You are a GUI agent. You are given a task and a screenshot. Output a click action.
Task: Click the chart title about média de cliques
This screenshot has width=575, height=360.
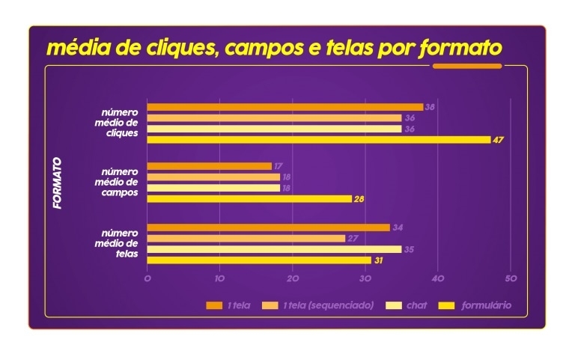[x=273, y=48]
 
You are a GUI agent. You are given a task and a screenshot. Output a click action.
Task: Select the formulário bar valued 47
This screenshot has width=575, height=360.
[x=318, y=139]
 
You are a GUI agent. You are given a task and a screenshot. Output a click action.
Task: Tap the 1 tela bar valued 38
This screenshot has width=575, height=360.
[x=285, y=107]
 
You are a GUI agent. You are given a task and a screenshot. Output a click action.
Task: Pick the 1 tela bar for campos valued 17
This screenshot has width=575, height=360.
[x=209, y=166]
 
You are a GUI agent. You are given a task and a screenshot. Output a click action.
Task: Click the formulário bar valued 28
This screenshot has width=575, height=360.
[x=249, y=199]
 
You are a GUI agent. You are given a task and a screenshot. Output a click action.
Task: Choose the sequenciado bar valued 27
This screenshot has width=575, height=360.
[x=246, y=238]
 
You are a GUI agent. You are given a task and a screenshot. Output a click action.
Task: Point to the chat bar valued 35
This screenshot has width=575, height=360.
[x=274, y=249]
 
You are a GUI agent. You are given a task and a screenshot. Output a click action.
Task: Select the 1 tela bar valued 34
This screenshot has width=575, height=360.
[x=268, y=228]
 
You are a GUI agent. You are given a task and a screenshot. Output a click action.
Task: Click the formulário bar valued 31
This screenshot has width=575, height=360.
[x=259, y=260]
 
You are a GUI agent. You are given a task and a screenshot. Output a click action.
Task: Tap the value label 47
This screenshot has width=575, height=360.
[x=499, y=140]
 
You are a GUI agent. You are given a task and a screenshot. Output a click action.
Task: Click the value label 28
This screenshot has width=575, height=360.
[x=359, y=199]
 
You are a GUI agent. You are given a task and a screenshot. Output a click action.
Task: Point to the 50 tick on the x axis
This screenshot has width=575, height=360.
[x=511, y=278]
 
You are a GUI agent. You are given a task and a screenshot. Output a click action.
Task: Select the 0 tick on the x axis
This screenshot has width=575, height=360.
[x=147, y=278]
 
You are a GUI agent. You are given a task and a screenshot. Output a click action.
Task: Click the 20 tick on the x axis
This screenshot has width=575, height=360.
[x=293, y=278]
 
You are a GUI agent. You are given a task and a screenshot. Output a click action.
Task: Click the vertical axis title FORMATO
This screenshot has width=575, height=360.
[x=58, y=183]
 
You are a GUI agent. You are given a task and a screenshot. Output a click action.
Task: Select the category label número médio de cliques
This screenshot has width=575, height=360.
[x=120, y=123]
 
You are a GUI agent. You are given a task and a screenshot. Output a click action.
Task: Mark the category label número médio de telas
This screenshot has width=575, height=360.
[x=120, y=243]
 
